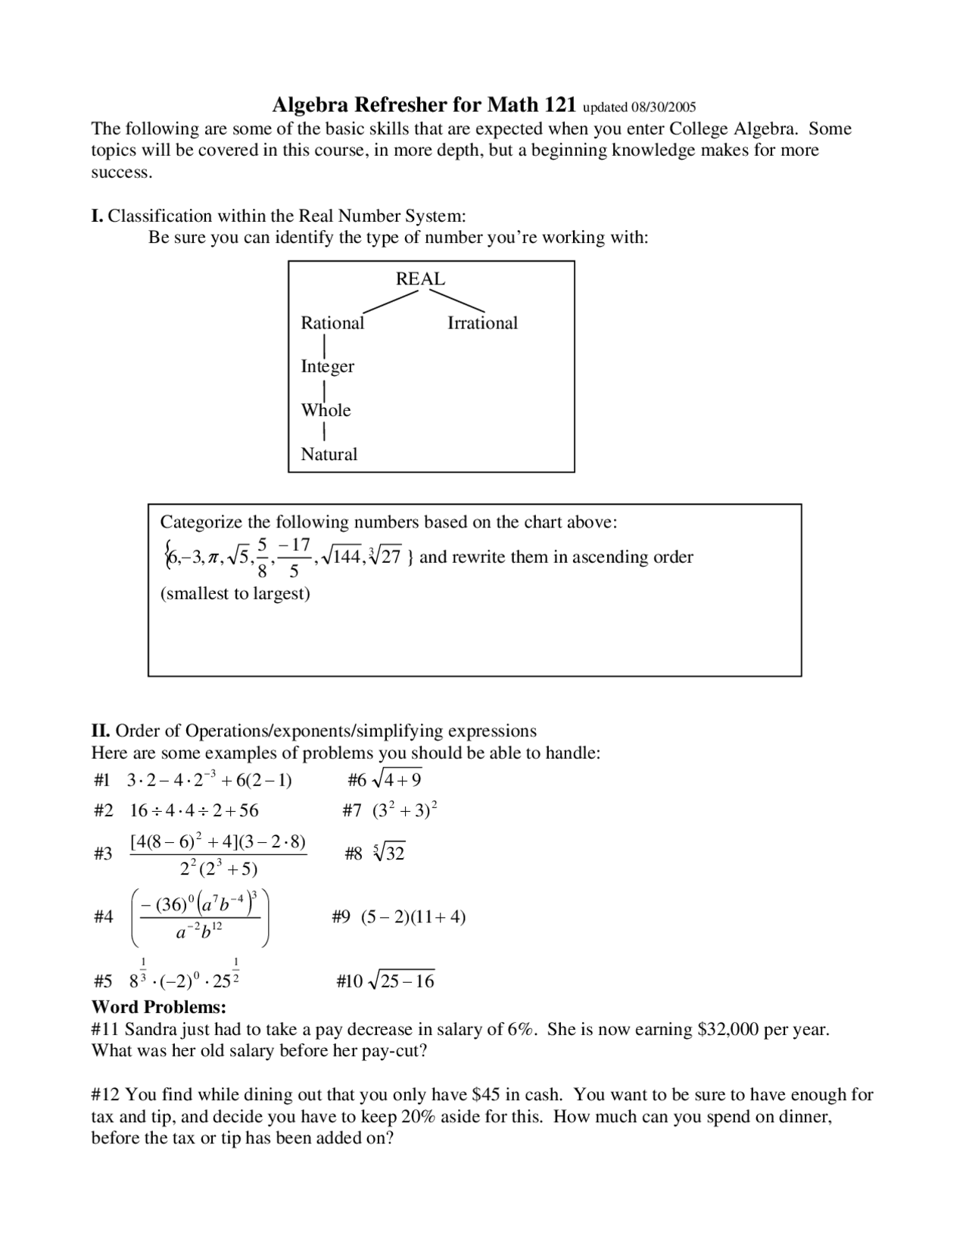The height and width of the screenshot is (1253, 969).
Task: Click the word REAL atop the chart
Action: [420, 278]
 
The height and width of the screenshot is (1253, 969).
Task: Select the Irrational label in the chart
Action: [482, 323]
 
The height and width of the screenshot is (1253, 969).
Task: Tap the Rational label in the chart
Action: [332, 323]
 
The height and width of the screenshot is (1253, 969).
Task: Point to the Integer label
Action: [327, 366]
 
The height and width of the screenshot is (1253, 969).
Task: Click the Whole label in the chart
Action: [326, 410]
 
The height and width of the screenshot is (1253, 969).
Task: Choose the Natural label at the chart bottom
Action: [329, 454]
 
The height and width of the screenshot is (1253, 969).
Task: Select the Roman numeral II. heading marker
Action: [101, 731]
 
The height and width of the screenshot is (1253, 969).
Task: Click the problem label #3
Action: [103, 853]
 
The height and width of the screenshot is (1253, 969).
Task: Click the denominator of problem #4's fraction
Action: [199, 932]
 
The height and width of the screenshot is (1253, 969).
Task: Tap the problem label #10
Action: [350, 981]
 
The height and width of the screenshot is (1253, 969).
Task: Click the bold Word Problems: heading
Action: [159, 1007]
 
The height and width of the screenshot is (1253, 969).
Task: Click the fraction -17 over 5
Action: [294, 558]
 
